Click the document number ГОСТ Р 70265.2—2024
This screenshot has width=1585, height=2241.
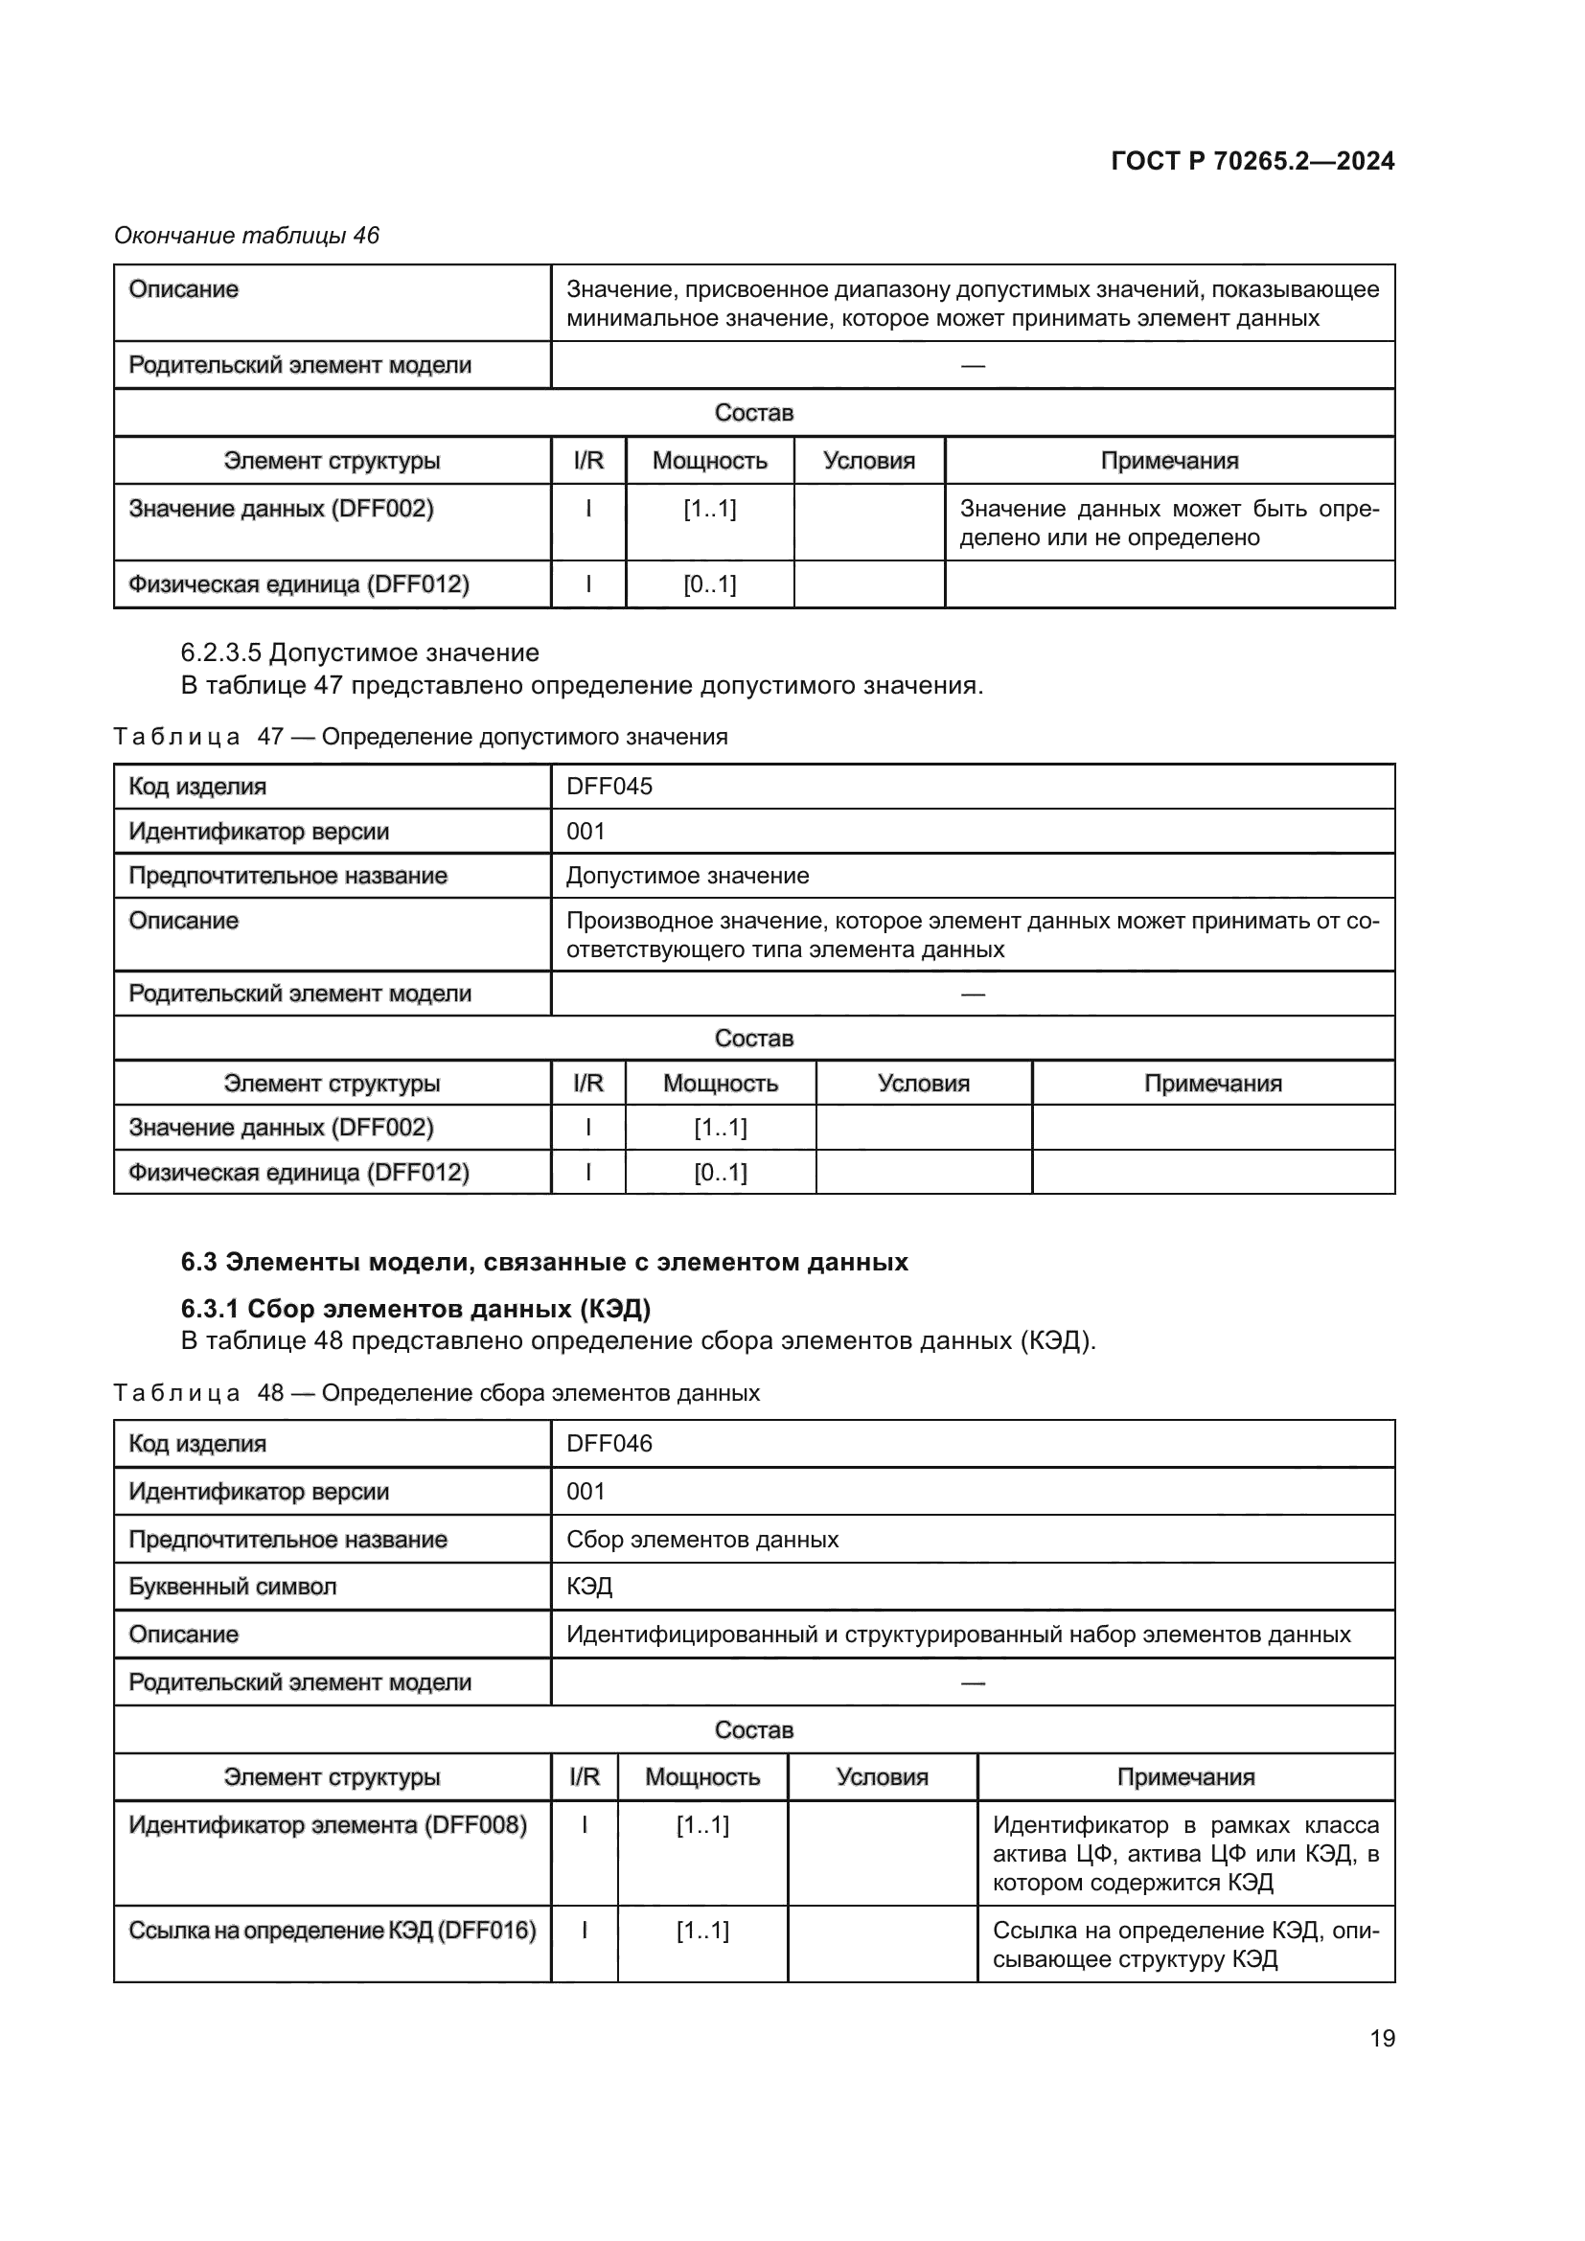tap(1252, 161)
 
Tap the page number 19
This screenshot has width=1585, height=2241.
tap(1382, 2038)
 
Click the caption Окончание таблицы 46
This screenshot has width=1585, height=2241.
tap(247, 236)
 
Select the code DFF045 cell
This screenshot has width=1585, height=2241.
tap(609, 786)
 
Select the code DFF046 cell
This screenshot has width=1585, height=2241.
tap(609, 1443)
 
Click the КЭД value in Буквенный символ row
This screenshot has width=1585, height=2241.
tap(589, 1586)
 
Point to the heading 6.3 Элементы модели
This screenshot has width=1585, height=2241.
tap(543, 1262)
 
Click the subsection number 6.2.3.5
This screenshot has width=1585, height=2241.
tap(220, 652)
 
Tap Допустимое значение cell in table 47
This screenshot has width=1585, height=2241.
tap(687, 876)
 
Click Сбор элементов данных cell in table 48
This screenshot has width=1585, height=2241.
tap(701, 1540)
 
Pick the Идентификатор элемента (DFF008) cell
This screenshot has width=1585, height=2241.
tap(328, 1824)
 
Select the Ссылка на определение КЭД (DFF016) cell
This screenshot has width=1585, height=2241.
tap(332, 1930)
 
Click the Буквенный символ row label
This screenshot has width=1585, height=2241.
tap(232, 1586)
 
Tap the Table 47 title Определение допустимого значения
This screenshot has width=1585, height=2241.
tap(524, 736)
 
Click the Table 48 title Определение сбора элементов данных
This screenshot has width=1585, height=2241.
tap(540, 1393)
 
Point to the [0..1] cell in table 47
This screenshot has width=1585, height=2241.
tap(721, 1172)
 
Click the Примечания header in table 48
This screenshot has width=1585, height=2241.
tap(1184, 1776)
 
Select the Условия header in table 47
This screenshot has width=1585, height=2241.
tap(922, 1084)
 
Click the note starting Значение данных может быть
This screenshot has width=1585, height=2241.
tap(1168, 523)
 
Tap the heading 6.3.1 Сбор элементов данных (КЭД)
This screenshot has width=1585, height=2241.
tap(416, 1308)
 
